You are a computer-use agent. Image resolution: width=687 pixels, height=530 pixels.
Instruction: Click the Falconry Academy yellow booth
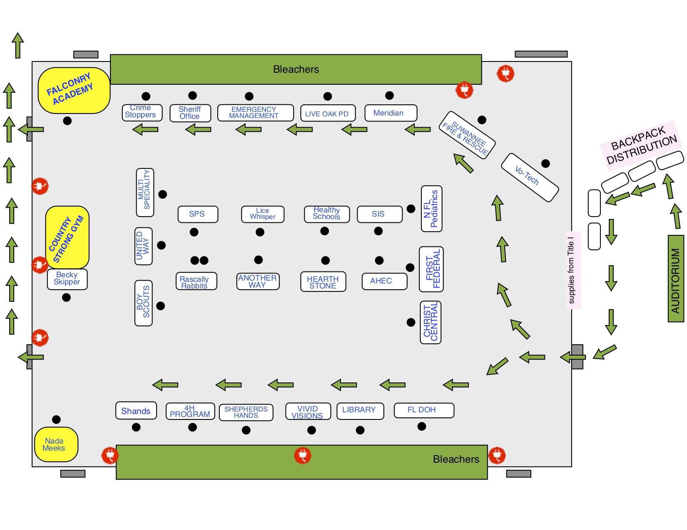coord(74,91)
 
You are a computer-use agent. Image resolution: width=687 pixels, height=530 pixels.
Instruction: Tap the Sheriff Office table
coord(190,113)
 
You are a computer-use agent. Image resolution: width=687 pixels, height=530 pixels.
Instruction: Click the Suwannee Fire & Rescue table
coord(467,135)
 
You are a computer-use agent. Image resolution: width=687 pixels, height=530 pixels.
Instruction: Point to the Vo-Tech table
coord(529,177)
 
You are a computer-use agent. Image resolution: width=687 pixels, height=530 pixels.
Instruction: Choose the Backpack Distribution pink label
coord(641,145)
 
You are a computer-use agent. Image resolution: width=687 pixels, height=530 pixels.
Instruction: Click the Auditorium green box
coord(675,279)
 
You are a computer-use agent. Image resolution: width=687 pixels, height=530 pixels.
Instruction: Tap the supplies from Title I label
coord(572,270)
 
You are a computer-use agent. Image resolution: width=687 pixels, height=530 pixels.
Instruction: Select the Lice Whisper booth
coord(262,214)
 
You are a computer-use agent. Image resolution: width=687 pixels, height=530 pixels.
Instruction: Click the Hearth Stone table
coord(323,282)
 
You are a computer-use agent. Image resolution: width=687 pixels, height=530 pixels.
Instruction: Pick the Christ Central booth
coord(431,322)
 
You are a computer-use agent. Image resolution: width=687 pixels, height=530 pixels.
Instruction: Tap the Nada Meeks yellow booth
coord(56,444)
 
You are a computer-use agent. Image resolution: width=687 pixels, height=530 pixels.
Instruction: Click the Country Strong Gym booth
coord(67,237)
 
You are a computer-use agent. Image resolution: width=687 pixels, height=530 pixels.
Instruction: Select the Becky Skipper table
coord(67,279)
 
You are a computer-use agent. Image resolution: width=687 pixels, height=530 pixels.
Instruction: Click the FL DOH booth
coord(423,410)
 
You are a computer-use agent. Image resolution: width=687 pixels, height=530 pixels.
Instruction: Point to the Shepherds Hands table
coord(246,412)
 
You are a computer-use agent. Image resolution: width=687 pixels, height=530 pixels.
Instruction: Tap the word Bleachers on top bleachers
coord(296,69)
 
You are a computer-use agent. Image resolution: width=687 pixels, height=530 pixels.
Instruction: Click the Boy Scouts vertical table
coord(143,303)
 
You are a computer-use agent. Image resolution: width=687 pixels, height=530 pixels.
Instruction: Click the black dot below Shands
coord(136,427)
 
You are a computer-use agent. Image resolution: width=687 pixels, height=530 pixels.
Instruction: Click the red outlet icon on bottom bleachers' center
coord(303,455)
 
